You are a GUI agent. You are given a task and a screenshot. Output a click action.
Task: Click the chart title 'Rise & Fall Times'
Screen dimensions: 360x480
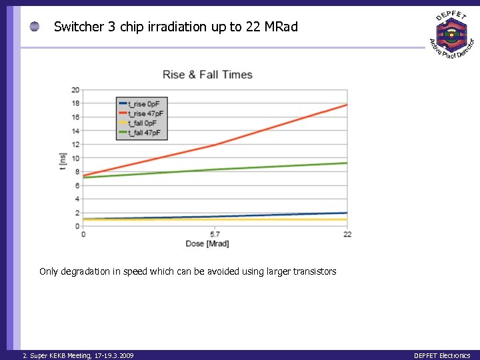[207, 75]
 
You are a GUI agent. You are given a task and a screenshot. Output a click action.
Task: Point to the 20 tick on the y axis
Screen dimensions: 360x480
[75, 90]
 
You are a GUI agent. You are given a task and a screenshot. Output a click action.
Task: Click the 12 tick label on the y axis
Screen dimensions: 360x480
[75, 145]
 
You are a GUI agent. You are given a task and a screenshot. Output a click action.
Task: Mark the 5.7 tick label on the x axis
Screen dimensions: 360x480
[215, 234]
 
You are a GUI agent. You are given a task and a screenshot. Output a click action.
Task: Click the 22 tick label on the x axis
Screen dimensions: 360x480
[347, 234]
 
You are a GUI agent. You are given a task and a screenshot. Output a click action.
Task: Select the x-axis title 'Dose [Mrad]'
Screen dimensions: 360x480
[207, 244]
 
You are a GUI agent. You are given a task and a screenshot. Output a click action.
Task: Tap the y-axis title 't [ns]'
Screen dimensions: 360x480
[63, 162]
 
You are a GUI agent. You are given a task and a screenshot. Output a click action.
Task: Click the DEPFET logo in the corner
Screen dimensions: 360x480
[451, 35]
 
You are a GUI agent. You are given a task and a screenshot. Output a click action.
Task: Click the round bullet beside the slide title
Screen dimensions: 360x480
[35, 27]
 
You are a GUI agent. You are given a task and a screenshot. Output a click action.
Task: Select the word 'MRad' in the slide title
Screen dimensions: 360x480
[281, 27]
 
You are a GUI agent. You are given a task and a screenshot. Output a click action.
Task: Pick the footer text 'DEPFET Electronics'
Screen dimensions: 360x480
[441, 355]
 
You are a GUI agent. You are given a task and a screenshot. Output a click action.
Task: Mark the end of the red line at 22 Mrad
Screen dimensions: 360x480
[347, 105]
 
